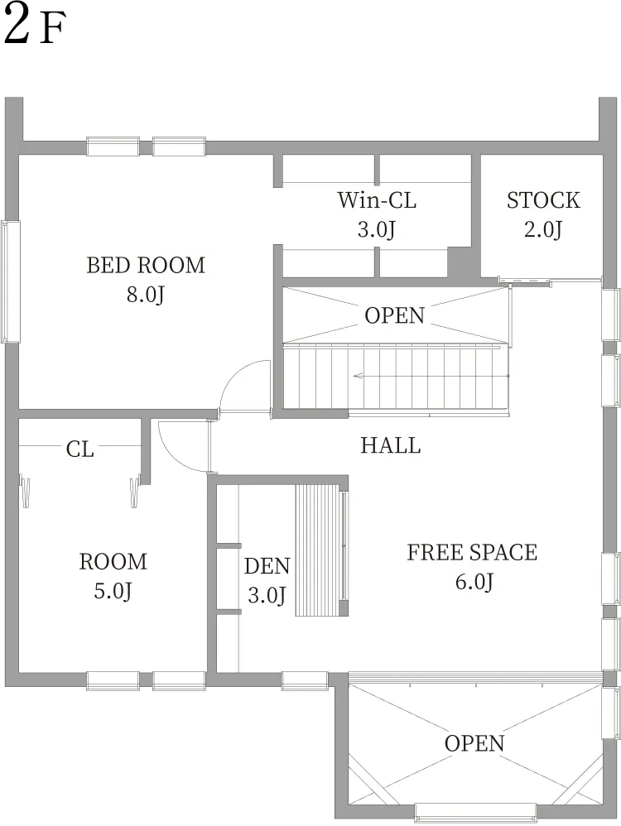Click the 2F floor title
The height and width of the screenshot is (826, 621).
coord(35,26)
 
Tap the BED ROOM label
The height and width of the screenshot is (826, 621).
coord(146,265)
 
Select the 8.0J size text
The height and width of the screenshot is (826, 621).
coord(146,295)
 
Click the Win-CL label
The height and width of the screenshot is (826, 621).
coord(377,200)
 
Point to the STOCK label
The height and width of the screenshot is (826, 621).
coord(543,200)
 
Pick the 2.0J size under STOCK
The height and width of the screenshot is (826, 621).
coord(543,230)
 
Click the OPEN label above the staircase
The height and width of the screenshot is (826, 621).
coord(394,315)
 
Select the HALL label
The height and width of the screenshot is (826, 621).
coord(391,445)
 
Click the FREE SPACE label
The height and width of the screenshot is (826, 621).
coord(472,553)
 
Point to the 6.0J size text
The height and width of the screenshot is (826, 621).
coord(474,582)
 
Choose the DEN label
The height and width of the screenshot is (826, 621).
coord(267,566)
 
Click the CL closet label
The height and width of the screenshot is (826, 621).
coord(80,449)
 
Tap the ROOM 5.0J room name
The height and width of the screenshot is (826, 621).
coord(113,561)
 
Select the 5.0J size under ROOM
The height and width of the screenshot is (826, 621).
coord(113,591)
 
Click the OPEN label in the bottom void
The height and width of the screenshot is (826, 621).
coord(474,743)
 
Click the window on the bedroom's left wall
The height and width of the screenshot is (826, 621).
coord(11,282)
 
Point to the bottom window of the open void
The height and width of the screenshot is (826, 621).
coord(475,811)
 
